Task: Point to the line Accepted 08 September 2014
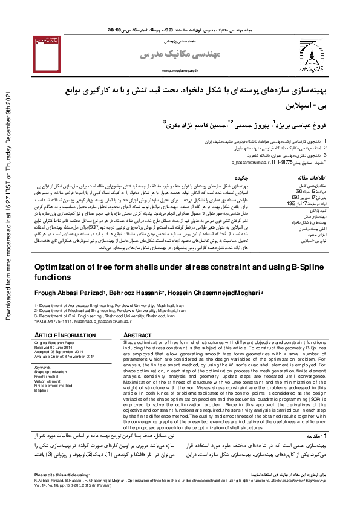point(60,352)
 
